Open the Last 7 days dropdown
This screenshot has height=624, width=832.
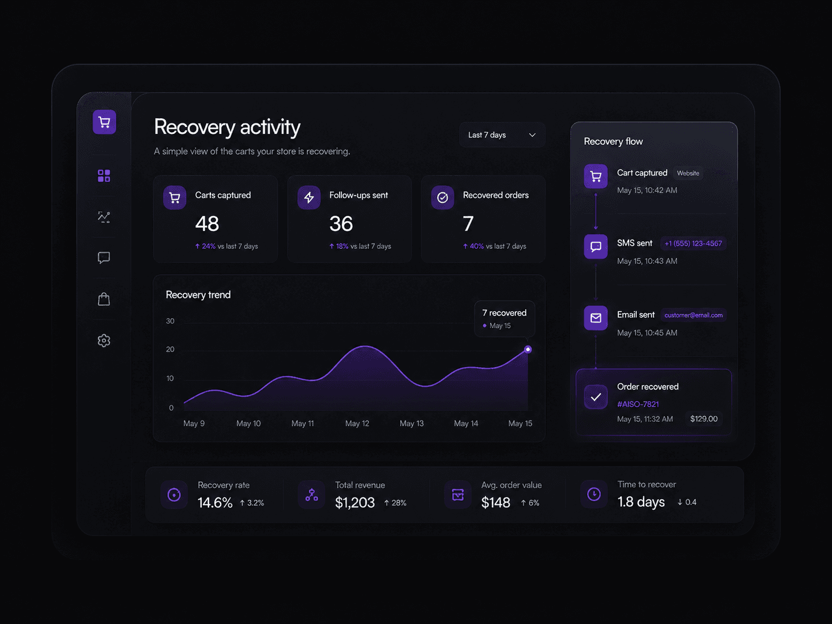[502, 135]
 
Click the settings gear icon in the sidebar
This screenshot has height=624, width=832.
[104, 341]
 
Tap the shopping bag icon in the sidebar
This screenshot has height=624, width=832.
[104, 299]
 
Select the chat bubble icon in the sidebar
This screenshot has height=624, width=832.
[104, 258]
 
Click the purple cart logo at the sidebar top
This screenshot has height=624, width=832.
[104, 122]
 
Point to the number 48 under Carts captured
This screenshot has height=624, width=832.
[207, 224]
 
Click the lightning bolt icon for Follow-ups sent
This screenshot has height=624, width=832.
[309, 198]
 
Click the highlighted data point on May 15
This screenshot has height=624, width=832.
[527, 349]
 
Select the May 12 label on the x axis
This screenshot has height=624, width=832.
[357, 423]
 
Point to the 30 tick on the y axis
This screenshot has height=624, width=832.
[170, 321]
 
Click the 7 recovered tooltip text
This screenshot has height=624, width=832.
[504, 313]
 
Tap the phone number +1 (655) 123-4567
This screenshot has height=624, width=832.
[694, 243]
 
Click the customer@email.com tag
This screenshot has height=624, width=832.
[694, 315]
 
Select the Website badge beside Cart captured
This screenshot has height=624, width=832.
[688, 173]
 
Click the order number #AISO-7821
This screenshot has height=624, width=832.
[638, 405]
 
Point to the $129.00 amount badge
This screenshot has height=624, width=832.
[703, 419]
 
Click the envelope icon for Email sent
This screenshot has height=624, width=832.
[595, 318]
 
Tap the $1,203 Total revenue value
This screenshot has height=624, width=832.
[355, 503]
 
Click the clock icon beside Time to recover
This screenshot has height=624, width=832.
[594, 494]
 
